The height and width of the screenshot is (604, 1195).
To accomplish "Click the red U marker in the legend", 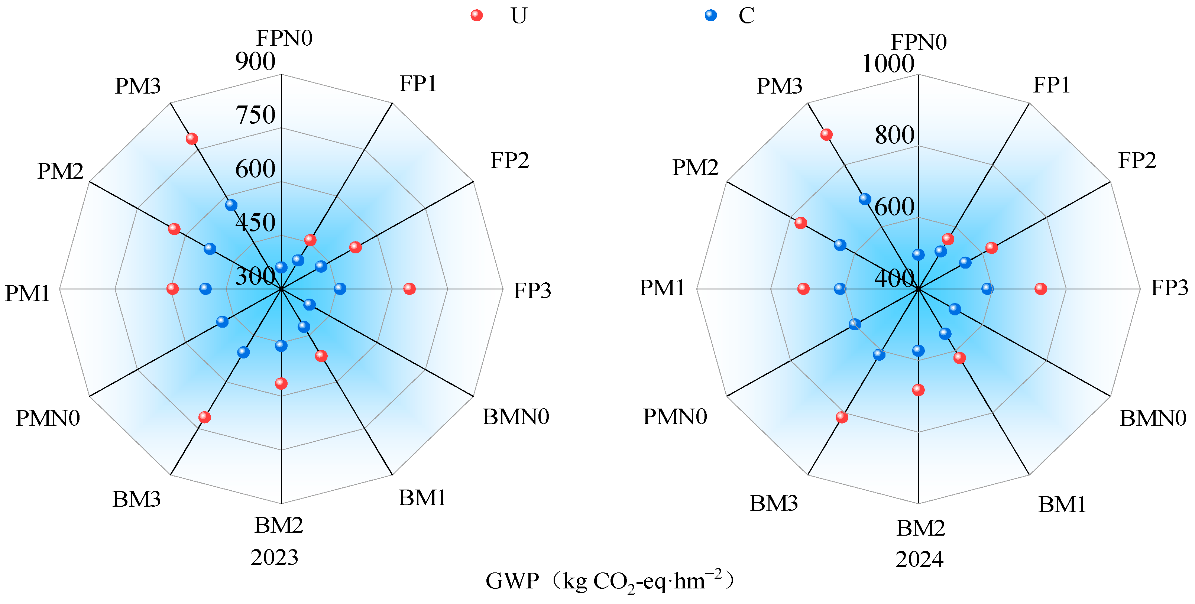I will pyautogui.click(x=476, y=15).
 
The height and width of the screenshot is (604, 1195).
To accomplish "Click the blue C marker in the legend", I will pyautogui.click(x=710, y=15).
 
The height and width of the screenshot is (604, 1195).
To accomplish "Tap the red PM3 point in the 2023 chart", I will pyautogui.click(x=192, y=138).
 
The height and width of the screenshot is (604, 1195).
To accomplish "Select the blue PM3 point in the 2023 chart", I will pyautogui.click(x=231, y=205).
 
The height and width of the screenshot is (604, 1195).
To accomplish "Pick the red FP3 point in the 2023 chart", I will pyautogui.click(x=409, y=289).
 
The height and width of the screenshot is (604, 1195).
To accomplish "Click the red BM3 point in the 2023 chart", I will pyautogui.click(x=205, y=417).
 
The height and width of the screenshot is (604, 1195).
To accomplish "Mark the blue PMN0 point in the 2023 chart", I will pyautogui.click(x=222, y=321).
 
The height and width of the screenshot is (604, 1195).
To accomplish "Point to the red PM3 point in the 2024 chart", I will pyautogui.click(x=826, y=134).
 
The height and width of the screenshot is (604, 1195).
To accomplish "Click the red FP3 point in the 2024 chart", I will pyautogui.click(x=1040, y=289).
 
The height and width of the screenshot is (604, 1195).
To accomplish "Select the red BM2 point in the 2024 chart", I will pyautogui.click(x=918, y=390).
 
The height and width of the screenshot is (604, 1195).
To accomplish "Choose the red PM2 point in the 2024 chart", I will pyautogui.click(x=800, y=223).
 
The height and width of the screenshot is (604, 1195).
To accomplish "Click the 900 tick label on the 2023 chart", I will pyautogui.click(x=255, y=61).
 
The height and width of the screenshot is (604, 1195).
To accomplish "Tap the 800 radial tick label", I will pyautogui.click(x=894, y=135).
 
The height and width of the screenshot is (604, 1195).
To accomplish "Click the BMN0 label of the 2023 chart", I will pyautogui.click(x=516, y=416).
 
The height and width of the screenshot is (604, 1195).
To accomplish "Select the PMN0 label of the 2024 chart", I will pyautogui.click(x=675, y=416).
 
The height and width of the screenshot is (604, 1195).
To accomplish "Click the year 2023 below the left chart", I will pyautogui.click(x=274, y=557).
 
